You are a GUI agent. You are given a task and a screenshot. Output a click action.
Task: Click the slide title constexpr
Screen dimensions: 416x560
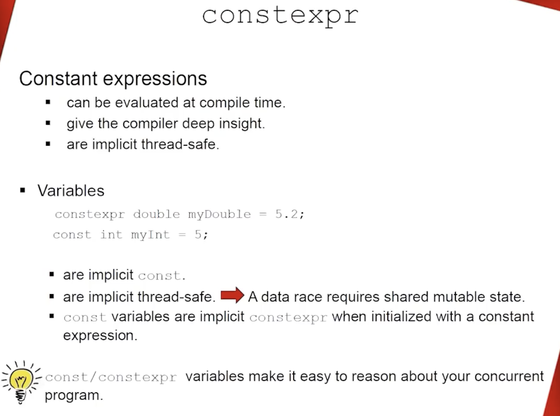tap(280, 16)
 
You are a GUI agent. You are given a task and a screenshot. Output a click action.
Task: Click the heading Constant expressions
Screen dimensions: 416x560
tap(113, 79)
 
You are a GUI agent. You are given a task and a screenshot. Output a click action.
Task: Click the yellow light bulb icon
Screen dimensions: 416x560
tap(21, 381)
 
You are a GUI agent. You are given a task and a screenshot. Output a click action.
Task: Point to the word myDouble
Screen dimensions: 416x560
tap(219, 214)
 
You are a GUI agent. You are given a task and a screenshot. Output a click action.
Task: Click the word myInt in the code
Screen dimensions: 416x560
tap(150, 235)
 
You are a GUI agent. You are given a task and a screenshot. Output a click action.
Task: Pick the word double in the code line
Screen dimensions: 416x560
tap(156, 214)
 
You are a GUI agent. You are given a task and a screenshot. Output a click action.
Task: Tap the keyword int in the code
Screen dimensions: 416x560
tap(111, 235)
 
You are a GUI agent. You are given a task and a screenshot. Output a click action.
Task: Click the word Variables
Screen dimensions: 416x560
tap(71, 191)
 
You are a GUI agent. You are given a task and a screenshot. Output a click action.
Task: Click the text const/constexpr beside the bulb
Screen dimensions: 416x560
tap(111, 377)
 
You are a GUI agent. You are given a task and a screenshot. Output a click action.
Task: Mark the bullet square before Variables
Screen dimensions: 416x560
tap(23, 191)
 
